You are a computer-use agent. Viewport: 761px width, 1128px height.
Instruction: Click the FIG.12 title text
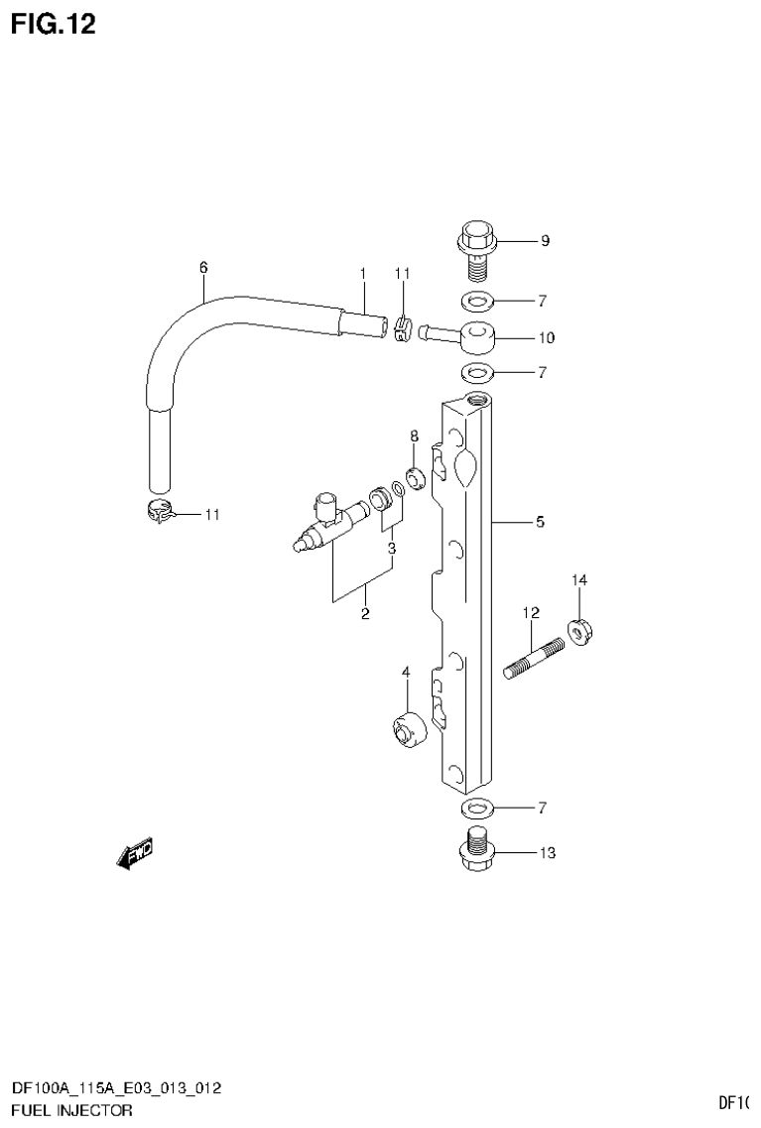(54, 25)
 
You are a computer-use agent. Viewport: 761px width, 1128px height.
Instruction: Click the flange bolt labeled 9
(476, 249)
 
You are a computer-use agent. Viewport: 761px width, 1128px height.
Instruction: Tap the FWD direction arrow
(134, 853)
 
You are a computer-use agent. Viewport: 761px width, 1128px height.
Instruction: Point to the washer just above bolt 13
(477, 806)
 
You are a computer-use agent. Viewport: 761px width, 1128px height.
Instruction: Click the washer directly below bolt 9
(476, 300)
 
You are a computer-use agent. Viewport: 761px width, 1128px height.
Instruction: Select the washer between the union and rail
(476, 373)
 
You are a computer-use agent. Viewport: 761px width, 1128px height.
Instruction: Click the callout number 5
(540, 521)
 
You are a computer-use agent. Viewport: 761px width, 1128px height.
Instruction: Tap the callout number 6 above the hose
(203, 267)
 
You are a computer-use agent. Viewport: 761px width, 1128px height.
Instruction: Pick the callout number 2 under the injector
(364, 615)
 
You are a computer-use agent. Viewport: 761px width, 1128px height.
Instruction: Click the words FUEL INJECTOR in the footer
(70, 1111)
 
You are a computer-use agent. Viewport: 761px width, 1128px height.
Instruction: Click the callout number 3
(392, 548)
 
